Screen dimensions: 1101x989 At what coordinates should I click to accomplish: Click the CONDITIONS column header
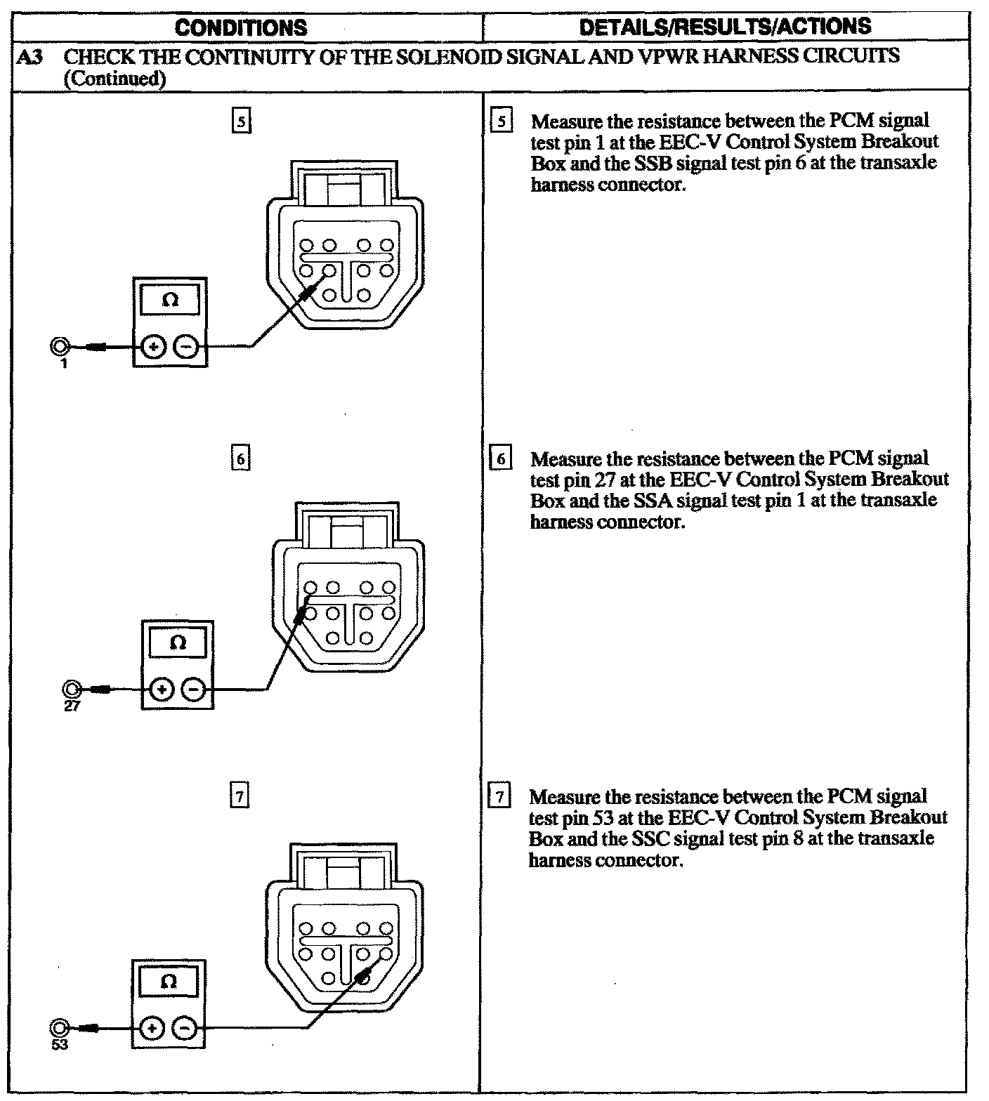click(241, 27)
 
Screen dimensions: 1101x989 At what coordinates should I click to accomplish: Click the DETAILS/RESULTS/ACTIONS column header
click(725, 27)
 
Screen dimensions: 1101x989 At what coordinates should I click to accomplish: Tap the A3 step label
click(29, 57)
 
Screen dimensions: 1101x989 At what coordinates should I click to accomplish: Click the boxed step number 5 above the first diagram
click(241, 122)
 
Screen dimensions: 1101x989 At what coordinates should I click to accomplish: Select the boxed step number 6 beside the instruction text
click(500, 459)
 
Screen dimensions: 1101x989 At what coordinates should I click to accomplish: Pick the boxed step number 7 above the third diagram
click(240, 797)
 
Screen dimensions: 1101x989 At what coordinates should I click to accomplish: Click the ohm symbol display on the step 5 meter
click(169, 301)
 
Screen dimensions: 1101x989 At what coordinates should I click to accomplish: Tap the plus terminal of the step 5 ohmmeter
click(153, 346)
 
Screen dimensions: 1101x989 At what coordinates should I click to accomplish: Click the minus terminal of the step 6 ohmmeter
click(194, 690)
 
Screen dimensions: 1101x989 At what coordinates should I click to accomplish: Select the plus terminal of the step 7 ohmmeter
click(151, 1029)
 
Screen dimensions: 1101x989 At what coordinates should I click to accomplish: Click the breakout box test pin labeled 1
click(61, 346)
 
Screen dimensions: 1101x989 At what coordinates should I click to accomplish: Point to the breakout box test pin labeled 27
click(71, 689)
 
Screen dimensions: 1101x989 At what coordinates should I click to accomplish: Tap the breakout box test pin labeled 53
click(60, 1029)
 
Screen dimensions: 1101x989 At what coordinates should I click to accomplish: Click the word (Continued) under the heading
click(114, 79)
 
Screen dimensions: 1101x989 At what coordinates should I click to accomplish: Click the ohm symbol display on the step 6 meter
click(178, 643)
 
